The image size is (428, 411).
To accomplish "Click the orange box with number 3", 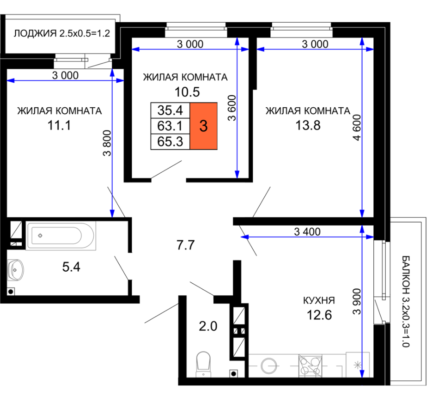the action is click(x=204, y=126).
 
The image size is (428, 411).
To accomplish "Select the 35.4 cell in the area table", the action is click(x=170, y=111).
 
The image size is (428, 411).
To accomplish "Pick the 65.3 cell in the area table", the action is click(x=170, y=142).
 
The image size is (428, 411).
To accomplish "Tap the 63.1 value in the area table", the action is click(x=170, y=126).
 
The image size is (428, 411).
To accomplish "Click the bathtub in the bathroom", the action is click(x=61, y=236).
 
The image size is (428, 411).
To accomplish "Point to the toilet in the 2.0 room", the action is click(x=204, y=364).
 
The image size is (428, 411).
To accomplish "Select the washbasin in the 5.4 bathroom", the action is click(x=15, y=270).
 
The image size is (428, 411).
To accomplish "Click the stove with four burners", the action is click(x=310, y=366).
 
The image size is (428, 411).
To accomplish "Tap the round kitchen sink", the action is click(x=269, y=365).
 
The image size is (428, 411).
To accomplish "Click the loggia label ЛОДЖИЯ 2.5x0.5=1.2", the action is click(x=62, y=33).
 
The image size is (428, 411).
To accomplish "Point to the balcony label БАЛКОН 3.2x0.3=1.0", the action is click(x=406, y=301).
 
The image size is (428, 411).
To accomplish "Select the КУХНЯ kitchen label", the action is click(x=319, y=300).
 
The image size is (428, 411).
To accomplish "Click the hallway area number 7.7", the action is click(x=185, y=245).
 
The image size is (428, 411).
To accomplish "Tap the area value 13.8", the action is click(x=308, y=125).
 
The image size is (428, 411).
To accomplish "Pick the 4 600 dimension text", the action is click(x=357, y=127).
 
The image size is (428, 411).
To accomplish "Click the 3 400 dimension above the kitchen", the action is click(x=307, y=232).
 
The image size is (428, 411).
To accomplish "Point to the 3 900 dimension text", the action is click(x=357, y=301).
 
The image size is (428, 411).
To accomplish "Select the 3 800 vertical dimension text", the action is click(x=107, y=143).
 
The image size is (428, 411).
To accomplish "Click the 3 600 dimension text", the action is click(x=232, y=108).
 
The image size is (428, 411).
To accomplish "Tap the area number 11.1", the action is click(x=59, y=125).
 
